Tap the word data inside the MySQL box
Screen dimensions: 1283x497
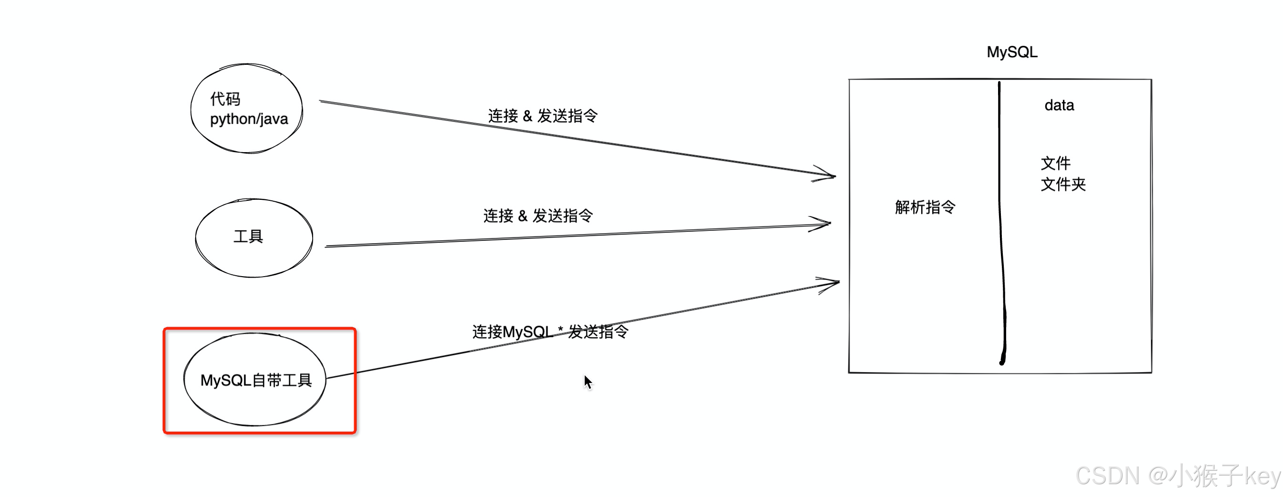click(1059, 105)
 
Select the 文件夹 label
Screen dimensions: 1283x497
click(1063, 185)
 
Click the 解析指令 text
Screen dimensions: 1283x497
click(925, 207)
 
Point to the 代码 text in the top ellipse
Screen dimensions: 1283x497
click(225, 99)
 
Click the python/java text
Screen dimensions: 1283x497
click(249, 119)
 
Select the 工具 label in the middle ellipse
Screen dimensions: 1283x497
click(248, 236)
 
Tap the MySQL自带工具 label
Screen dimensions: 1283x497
click(255, 381)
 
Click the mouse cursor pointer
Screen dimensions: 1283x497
click(588, 382)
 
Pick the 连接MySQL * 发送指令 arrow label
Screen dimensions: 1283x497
click(550, 332)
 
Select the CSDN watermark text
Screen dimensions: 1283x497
click(1178, 476)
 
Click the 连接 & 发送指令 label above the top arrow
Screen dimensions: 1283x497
click(542, 116)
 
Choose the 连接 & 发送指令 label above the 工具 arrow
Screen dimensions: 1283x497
click(537, 216)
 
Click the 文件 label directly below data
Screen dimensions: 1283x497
click(1055, 163)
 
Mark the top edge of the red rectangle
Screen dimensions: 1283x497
click(260, 329)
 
